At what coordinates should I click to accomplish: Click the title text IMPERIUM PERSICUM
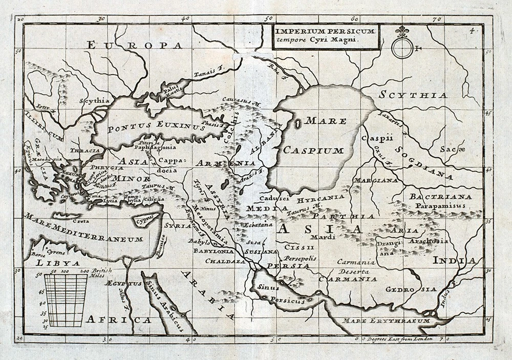point(326,31)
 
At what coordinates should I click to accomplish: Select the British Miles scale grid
point(66,300)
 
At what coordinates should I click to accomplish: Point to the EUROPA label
point(135,46)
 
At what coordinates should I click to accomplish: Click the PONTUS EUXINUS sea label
point(160,125)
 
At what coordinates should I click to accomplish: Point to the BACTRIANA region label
point(433,197)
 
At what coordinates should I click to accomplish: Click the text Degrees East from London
point(399,338)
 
